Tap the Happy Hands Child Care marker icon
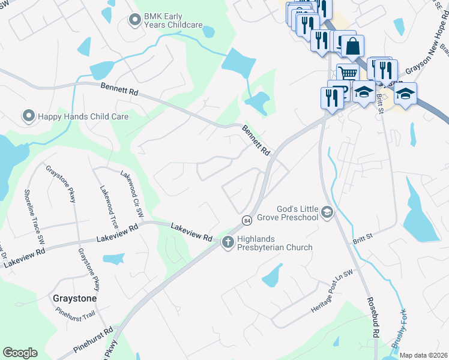tap(28, 115)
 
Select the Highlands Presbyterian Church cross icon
tap(228, 242)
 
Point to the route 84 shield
tap(247, 221)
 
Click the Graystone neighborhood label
tap(74, 298)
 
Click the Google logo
tap(20, 352)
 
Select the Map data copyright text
tap(423, 355)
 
